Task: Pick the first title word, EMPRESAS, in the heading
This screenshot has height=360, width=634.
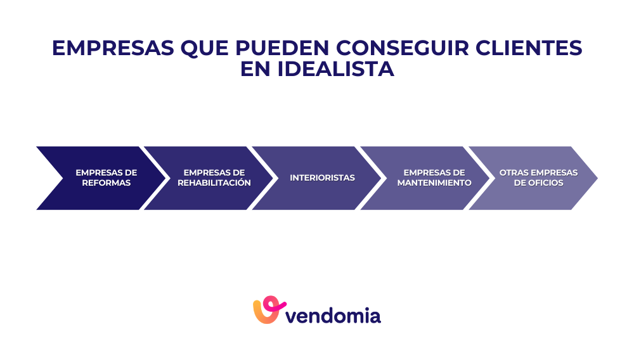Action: tap(112, 48)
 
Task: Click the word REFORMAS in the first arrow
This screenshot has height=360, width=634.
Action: tap(107, 183)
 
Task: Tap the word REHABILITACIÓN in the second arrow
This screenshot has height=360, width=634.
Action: tap(214, 183)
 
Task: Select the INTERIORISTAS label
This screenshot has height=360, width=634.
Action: tap(322, 178)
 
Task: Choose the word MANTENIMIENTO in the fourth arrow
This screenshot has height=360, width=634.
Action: tap(434, 183)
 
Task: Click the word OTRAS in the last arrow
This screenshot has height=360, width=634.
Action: tap(514, 173)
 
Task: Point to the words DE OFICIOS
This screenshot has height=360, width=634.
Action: tap(538, 183)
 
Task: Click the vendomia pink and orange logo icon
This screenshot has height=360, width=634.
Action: tap(267, 310)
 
